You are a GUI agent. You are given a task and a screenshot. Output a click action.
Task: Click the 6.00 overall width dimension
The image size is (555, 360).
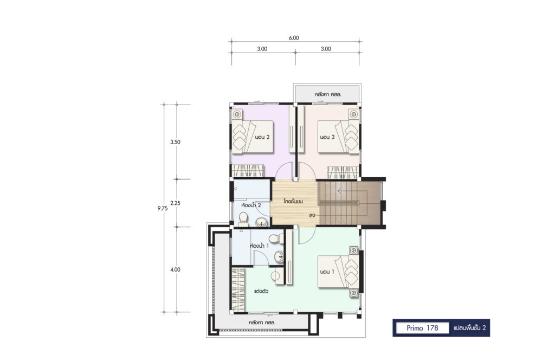click(x=294, y=38)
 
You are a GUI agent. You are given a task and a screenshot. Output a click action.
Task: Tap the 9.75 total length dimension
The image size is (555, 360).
click(x=163, y=209)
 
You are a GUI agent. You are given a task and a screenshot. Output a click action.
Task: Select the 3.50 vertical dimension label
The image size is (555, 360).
click(x=175, y=142)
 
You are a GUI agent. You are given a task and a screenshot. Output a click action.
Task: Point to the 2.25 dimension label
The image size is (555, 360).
click(x=175, y=203)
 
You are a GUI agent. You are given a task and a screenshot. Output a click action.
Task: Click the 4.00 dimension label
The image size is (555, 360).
click(x=175, y=269)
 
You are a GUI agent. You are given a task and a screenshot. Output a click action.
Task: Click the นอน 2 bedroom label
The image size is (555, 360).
click(x=262, y=137)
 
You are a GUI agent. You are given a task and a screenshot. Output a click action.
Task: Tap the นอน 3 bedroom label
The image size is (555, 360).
click(x=327, y=137)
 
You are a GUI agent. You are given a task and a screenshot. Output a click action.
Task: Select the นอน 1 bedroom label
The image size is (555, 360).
click(x=327, y=272)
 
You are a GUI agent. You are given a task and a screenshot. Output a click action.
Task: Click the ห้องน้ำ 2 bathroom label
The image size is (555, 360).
click(x=251, y=205)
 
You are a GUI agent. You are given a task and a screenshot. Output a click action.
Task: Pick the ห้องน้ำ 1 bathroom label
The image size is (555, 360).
click(x=260, y=246)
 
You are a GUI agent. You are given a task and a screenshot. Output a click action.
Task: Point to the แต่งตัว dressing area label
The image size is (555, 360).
click(x=261, y=291)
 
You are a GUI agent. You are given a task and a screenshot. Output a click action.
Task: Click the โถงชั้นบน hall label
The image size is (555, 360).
click(x=293, y=201)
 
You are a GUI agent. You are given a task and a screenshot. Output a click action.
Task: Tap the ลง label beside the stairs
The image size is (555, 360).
click(x=312, y=215)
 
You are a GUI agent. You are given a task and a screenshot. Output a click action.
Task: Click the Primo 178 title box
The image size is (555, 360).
click(x=422, y=328)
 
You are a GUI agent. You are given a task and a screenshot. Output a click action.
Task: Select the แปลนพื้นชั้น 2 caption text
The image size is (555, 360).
click(x=470, y=328)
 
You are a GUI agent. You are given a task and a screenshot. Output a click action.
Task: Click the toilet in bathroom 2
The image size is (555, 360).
click(x=243, y=220)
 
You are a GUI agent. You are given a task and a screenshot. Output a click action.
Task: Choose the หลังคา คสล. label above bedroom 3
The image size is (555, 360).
click(x=328, y=94)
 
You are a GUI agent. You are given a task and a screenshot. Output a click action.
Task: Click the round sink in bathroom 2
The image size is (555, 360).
click(x=261, y=222)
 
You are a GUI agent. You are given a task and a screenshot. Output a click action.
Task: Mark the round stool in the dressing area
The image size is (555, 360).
click(x=276, y=275)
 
